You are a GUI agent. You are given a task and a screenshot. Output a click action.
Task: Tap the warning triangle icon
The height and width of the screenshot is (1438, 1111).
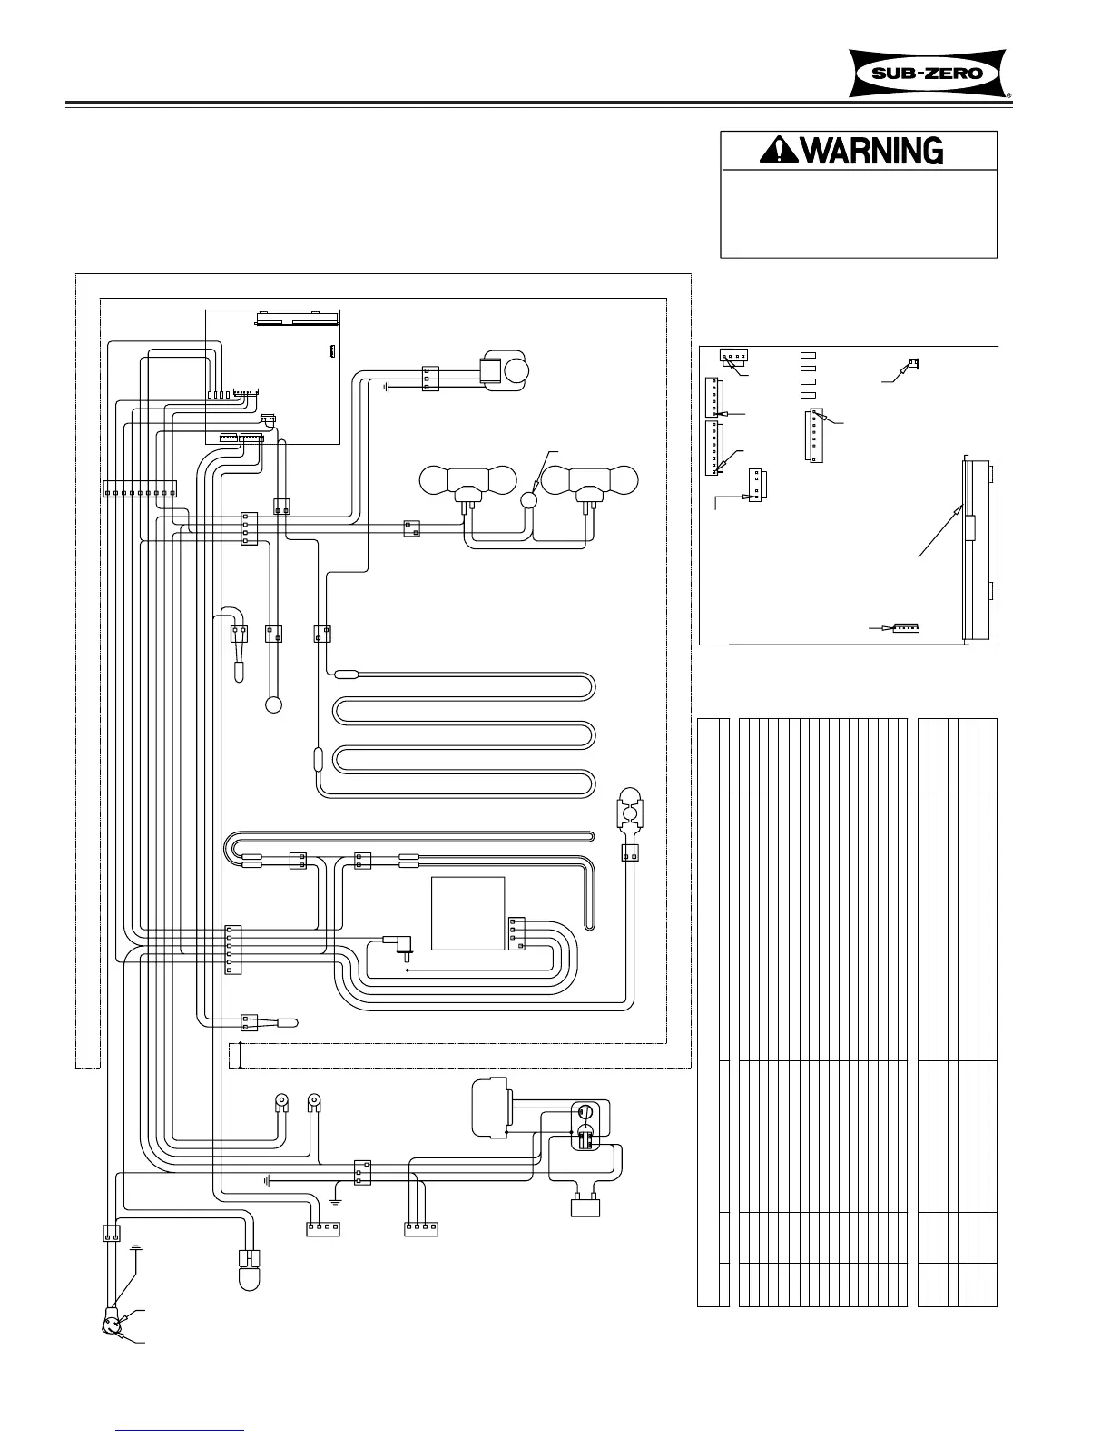tap(780, 150)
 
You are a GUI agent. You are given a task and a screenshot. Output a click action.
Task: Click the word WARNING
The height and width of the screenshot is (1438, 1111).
tap(873, 150)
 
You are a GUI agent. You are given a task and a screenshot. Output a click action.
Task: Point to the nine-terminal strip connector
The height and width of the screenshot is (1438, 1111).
tap(141, 488)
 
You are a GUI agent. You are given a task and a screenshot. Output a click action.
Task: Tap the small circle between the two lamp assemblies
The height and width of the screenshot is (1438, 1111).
tap(530, 500)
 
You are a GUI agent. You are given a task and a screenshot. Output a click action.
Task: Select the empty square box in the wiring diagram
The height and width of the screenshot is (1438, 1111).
tap(467, 913)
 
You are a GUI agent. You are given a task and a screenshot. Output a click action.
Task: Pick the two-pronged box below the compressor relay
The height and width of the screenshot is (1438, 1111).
tap(585, 1205)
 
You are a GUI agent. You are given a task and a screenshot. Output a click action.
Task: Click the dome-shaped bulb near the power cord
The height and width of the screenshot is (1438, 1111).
tap(250, 1269)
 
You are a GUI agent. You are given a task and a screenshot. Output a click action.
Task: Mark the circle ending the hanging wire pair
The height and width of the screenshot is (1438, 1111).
tap(273, 705)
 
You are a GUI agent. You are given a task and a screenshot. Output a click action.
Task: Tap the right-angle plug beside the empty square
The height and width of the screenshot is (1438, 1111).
tap(398, 946)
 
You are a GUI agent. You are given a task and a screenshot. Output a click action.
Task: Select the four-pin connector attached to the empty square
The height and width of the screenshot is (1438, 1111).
tap(516, 934)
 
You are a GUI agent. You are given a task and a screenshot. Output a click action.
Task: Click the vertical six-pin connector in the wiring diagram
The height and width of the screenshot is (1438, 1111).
tap(233, 950)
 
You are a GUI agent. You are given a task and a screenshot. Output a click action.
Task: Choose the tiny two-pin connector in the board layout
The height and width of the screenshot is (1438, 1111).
tap(913, 363)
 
